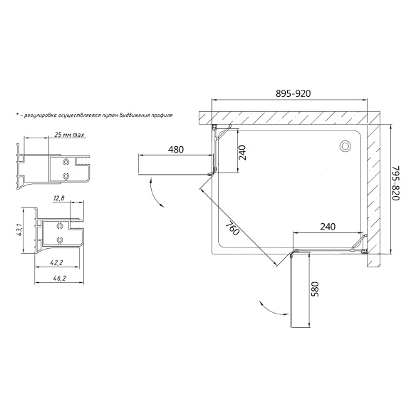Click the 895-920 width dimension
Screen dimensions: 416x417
click(293, 93)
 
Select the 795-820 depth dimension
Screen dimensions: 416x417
click(396, 183)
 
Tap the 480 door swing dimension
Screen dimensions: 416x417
click(176, 150)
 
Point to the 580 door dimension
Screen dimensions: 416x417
click(314, 289)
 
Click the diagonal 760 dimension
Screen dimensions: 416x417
click(233, 228)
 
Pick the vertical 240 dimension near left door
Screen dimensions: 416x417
click(242, 153)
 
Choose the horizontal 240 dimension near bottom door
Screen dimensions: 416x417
click(328, 227)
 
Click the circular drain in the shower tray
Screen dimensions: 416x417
click(345, 146)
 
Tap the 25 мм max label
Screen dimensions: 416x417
click(69, 135)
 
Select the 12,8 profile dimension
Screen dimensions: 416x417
click(58, 198)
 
